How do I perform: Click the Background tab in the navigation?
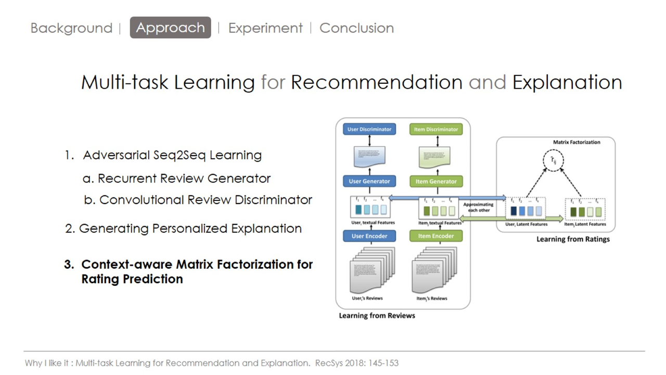point(71,28)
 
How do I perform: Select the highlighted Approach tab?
point(170,28)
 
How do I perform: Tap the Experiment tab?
point(265,28)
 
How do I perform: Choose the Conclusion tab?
point(356,28)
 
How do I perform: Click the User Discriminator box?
point(369,129)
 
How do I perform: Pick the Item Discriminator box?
point(436,129)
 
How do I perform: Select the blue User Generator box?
point(369,181)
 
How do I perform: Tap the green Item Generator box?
point(436,181)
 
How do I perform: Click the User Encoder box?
point(369,236)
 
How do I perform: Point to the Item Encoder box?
point(436,236)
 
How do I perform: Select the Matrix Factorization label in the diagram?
point(576,142)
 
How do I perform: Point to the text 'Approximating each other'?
point(479,207)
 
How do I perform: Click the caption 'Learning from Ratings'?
point(573,239)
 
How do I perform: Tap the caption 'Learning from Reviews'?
point(377,315)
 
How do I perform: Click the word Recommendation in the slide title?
point(376,82)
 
